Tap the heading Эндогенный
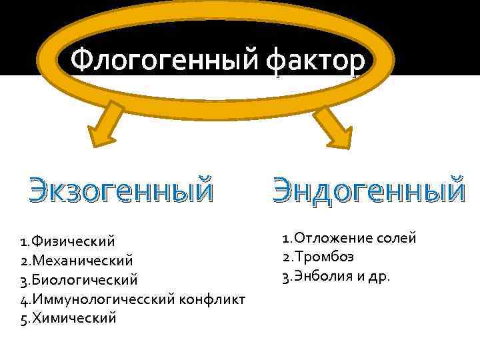pos(368,189)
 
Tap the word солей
pos(395,237)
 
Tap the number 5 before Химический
pos(24,318)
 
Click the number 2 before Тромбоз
pos(285,257)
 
